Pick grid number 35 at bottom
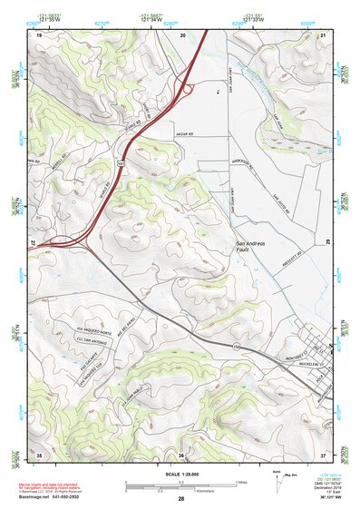(x=39, y=455)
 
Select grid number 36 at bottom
(x=181, y=455)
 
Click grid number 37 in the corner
(x=323, y=455)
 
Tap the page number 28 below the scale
(x=180, y=500)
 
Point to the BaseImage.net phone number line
(x=56, y=495)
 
